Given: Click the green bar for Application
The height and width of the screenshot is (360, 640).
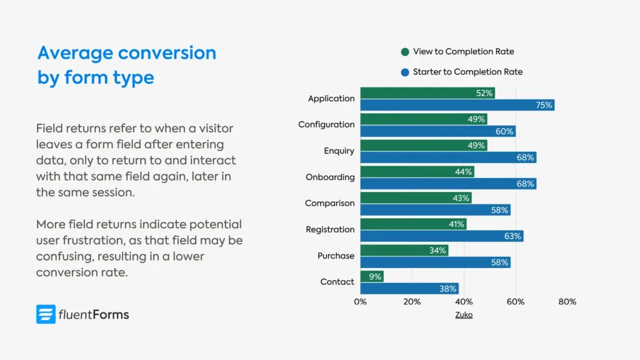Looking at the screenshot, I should click(x=427, y=93).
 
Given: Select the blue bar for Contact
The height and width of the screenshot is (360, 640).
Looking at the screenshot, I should click(x=409, y=289).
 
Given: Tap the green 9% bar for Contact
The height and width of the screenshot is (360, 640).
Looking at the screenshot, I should click(x=372, y=276).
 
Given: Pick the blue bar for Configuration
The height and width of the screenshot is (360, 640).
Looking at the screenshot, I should click(x=437, y=131).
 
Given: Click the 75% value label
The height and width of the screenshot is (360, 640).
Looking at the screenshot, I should click(x=544, y=106).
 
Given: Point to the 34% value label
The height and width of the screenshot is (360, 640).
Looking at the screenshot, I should click(x=437, y=251).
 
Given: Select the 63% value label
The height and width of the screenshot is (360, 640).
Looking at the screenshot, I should click(x=512, y=236).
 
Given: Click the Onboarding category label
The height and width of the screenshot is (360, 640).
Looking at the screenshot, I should click(x=330, y=177).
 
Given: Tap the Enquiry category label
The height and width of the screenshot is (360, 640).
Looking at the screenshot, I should click(x=339, y=151).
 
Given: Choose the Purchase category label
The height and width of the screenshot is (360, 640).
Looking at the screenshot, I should click(x=336, y=256).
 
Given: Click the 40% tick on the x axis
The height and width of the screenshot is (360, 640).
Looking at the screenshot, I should click(x=464, y=302).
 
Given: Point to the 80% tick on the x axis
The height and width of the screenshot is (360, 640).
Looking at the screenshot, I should click(x=567, y=302).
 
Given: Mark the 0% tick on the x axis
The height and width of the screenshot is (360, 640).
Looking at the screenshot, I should click(x=361, y=302).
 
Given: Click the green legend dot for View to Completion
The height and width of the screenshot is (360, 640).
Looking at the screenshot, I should click(x=405, y=52).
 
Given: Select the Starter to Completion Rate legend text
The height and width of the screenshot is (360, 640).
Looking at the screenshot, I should click(x=467, y=72).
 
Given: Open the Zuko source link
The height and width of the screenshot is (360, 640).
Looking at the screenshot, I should click(x=464, y=315).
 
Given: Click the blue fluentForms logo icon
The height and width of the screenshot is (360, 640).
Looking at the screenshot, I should click(x=46, y=314).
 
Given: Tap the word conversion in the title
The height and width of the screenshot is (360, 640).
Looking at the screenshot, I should click(x=167, y=52).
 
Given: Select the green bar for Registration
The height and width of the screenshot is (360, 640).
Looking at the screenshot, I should click(x=413, y=224).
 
